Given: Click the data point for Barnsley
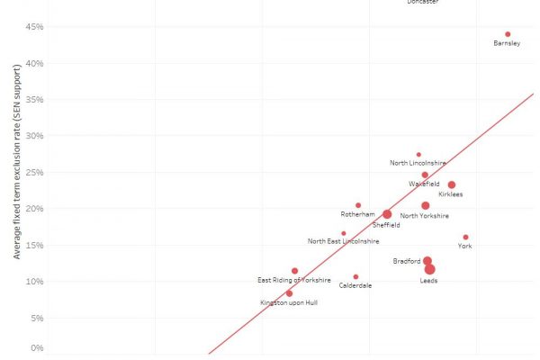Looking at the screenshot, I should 508,34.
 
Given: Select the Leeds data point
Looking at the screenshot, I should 430,269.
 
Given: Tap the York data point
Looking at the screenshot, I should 465,238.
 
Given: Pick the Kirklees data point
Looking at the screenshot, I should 452,184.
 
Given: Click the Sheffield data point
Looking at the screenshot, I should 387,214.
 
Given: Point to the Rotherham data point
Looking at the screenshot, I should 358,205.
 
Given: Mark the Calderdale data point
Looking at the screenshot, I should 355,277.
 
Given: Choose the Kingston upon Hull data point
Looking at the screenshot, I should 289,293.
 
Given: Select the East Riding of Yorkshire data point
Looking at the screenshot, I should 294,271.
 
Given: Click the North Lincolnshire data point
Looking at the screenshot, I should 418,155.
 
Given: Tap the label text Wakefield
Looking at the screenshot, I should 424,184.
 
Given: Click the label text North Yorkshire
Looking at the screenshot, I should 424,216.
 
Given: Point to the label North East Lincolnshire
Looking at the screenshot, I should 343,241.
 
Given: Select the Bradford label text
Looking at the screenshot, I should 406,261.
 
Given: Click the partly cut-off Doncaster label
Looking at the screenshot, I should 423,3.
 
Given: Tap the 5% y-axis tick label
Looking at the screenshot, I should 36,318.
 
